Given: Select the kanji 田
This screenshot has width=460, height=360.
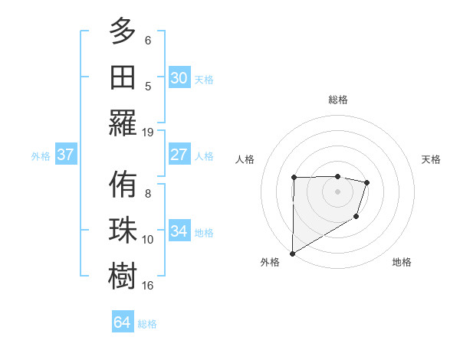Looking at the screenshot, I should (123, 77).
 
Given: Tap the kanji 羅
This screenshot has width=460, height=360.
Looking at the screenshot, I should (123, 123).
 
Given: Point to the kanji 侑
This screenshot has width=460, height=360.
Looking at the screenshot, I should (123, 185).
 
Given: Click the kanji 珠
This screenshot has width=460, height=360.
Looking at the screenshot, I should (123, 231).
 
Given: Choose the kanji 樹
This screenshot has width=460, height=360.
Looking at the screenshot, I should (123, 277).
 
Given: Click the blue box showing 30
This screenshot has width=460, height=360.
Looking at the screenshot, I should (179, 78).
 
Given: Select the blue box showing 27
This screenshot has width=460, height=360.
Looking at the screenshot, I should (179, 155).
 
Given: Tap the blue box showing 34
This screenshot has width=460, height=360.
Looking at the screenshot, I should (179, 231).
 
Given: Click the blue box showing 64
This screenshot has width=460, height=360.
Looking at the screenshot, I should (123, 322).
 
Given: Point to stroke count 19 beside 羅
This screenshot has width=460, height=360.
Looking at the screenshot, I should (148, 132).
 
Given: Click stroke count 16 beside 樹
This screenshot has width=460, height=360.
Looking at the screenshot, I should (148, 286).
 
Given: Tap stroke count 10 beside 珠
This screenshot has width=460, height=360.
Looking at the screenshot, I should (148, 240).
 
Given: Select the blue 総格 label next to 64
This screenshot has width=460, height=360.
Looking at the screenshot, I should (147, 324).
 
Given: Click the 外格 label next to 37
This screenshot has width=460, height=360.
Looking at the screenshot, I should (41, 156).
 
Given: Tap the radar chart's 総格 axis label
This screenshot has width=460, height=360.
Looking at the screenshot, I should (338, 100).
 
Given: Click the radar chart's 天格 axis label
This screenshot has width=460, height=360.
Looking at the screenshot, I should (431, 159).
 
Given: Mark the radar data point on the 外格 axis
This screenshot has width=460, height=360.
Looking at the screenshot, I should (292, 254).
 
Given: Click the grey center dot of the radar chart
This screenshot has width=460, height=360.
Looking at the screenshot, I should (338, 191).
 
